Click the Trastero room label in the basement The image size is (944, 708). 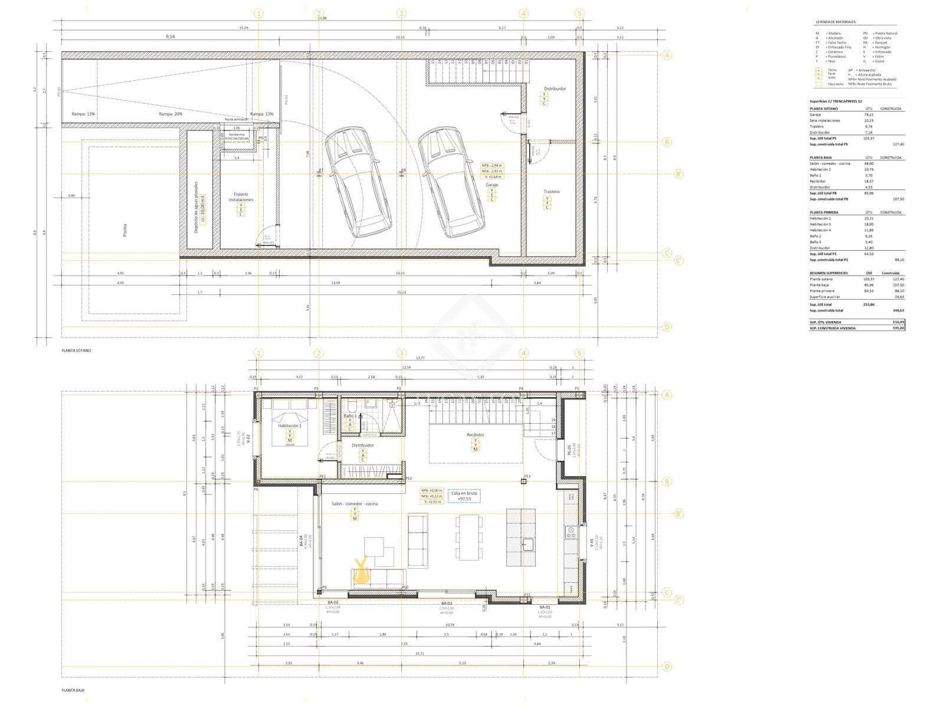pyautogui.click(x=552, y=192)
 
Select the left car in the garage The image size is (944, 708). pyautogui.click(x=357, y=183)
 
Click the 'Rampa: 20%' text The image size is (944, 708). pyautogui.click(x=171, y=114)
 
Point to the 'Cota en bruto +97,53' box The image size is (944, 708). pyautogui.click(x=464, y=496)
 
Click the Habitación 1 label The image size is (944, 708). pyautogui.click(x=290, y=425)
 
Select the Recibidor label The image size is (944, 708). pyautogui.click(x=476, y=435)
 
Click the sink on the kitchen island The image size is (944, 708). pyautogui.click(x=527, y=543)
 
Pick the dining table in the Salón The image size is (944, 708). pyautogui.click(x=470, y=537)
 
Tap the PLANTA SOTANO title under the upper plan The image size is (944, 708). pyautogui.click(x=77, y=350)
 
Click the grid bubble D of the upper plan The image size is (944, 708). pyautogui.click(x=667, y=327)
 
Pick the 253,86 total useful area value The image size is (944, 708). pyautogui.click(x=868, y=304)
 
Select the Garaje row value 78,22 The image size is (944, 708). pyautogui.click(x=868, y=114)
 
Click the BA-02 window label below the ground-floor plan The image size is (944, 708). pyautogui.click(x=447, y=603)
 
